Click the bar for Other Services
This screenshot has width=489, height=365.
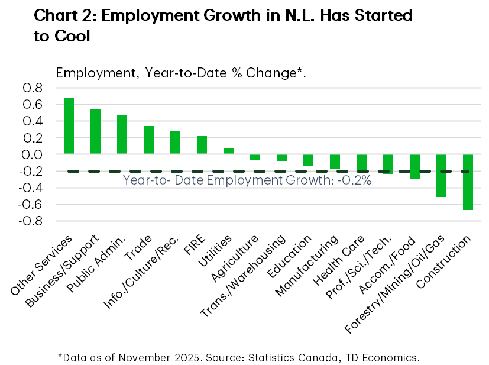pyautogui.click(x=69, y=125)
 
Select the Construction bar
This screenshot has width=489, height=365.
pyautogui.click(x=467, y=182)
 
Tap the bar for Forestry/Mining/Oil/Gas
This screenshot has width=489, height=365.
pyautogui.click(x=441, y=175)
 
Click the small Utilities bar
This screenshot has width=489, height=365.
pyautogui.click(x=228, y=151)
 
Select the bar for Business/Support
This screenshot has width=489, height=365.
pyautogui.click(x=95, y=131)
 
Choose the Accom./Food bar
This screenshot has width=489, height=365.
pyautogui.click(x=414, y=166)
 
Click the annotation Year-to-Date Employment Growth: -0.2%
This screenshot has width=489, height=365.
pyautogui.click(x=247, y=181)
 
